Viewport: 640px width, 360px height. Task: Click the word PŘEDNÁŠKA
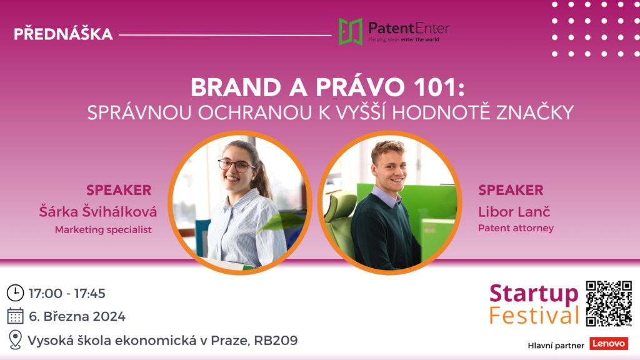pyautogui.click(x=63, y=34)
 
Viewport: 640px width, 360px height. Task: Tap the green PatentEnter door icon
pyautogui.click(x=351, y=31)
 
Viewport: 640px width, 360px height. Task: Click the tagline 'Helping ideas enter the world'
pyautogui.click(x=404, y=39)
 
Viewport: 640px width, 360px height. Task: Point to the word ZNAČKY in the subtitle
pyautogui.click(x=535, y=112)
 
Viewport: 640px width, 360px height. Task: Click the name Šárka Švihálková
pyautogui.click(x=98, y=211)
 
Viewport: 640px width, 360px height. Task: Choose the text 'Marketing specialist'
pyautogui.click(x=103, y=230)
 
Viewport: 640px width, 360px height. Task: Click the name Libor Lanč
pyautogui.click(x=514, y=211)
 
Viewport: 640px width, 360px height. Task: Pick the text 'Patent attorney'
pyautogui.click(x=516, y=228)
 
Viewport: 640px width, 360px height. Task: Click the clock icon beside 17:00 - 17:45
pyautogui.click(x=15, y=293)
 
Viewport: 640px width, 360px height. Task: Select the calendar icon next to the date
pyautogui.click(x=15, y=316)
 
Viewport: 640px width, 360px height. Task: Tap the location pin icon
pyautogui.click(x=15, y=339)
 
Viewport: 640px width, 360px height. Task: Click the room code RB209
pyautogui.click(x=276, y=341)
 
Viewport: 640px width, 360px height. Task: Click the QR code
pyautogui.click(x=609, y=304)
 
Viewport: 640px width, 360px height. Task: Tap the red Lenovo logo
pyautogui.click(x=609, y=344)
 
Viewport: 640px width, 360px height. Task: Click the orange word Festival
pyautogui.click(x=534, y=316)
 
